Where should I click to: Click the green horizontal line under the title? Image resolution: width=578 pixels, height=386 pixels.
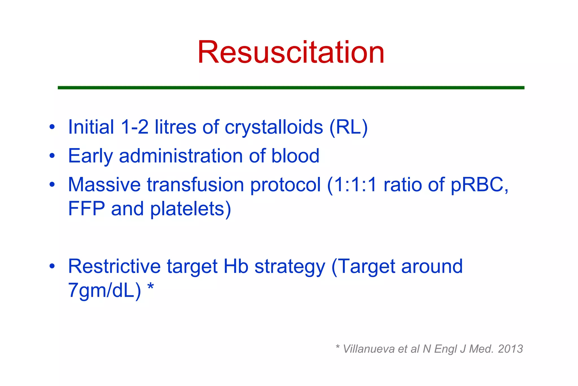pyautogui.click(x=291, y=88)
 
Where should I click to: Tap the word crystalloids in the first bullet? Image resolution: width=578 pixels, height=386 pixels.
pyautogui.click(x=274, y=127)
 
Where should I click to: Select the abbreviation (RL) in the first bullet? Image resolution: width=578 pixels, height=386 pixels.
pyautogui.click(x=349, y=127)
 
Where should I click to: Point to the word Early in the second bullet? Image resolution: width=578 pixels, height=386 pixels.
pyautogui.click(x=90, y=156)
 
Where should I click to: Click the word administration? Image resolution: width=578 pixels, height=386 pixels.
pyautogui.click(x=181, y=156)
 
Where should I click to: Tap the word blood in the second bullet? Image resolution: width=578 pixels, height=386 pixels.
pyautogui.click(x=295, y=156)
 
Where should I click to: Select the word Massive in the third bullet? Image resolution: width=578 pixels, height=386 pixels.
pyautogui.click(x=104, y=185)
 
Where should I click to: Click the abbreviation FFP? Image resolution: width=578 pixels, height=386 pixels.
pyautogui.click(x=86, y=209)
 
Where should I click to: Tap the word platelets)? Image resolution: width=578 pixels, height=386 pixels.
pyautogui.click(x=191, y=209)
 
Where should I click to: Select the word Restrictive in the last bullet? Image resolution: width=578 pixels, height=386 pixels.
pyautogui.click(x=114, y=266)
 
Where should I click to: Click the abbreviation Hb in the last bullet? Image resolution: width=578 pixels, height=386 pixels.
pyautogui.click(x=236, y=266)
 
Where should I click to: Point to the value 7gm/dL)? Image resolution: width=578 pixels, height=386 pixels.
pyautogui.click(x=104, y=290)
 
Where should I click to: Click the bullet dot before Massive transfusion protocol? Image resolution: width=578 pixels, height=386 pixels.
pyautogui.click(x=52, y=185)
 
